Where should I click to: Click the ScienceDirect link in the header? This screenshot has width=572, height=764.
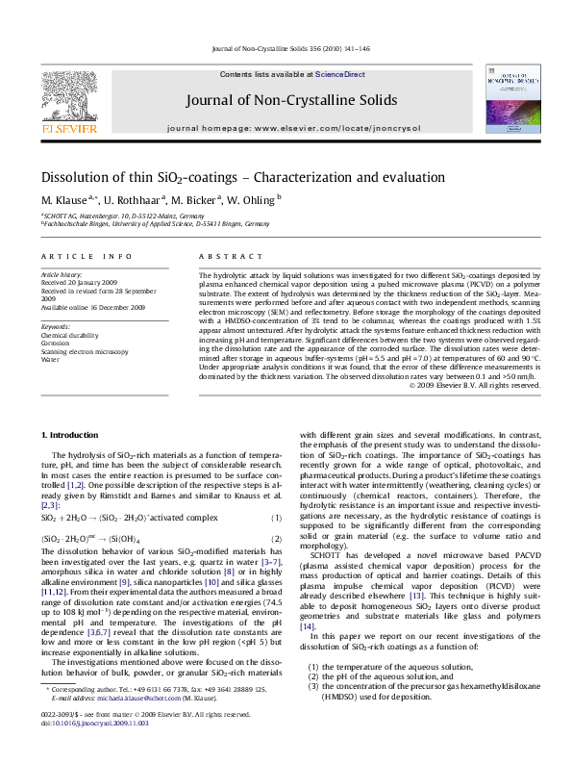(341, 74)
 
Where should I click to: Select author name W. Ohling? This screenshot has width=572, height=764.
(252, 199)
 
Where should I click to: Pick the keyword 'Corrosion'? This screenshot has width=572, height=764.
(55, 343)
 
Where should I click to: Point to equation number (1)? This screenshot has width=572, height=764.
(275, 518)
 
